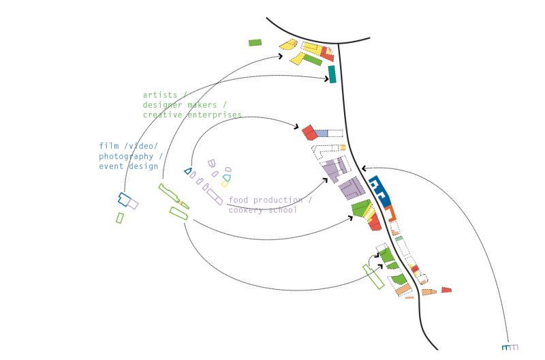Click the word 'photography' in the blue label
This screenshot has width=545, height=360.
(x=126, y=156)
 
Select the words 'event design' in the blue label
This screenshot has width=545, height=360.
(x=129, y=166)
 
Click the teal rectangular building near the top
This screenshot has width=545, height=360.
(x=332, y=74)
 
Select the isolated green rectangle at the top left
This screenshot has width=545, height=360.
(x=255, y=42)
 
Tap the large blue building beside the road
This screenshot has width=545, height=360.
(x=379, y=190)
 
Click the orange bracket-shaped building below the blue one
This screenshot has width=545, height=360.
(x=390, y=213)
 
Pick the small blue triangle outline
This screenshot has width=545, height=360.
(x=188, y=171)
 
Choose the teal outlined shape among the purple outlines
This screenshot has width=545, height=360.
(x=227, y=178)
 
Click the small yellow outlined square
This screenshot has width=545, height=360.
(x=224, y=184)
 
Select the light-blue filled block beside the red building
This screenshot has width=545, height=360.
(x=321, y=132)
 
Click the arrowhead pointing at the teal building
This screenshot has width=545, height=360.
(x=326, y=79)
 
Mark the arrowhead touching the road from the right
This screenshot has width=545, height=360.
(x=364, y=168)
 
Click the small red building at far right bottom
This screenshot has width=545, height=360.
(x=446, y=290)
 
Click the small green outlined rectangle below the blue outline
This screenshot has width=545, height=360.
(x=120, y=217)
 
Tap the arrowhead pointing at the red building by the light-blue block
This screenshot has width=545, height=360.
(x=297, y=127)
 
